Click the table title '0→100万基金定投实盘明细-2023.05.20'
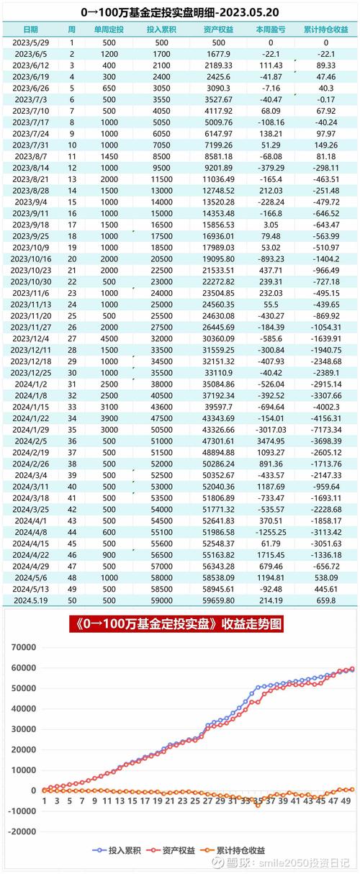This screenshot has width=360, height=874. tap(179, 12)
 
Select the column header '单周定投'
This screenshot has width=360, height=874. tap(109, 30)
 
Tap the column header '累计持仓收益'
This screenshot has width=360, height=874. tap(325, 30)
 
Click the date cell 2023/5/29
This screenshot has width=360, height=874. tap(30, 42)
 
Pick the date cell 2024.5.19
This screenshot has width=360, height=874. tap(30, 599)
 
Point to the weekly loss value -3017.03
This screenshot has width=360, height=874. tap(271, 429)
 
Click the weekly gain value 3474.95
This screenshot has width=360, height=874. tap(271, 441)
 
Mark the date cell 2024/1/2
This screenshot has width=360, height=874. tap(30, 384)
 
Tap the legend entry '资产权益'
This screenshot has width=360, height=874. tap(181, 850)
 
